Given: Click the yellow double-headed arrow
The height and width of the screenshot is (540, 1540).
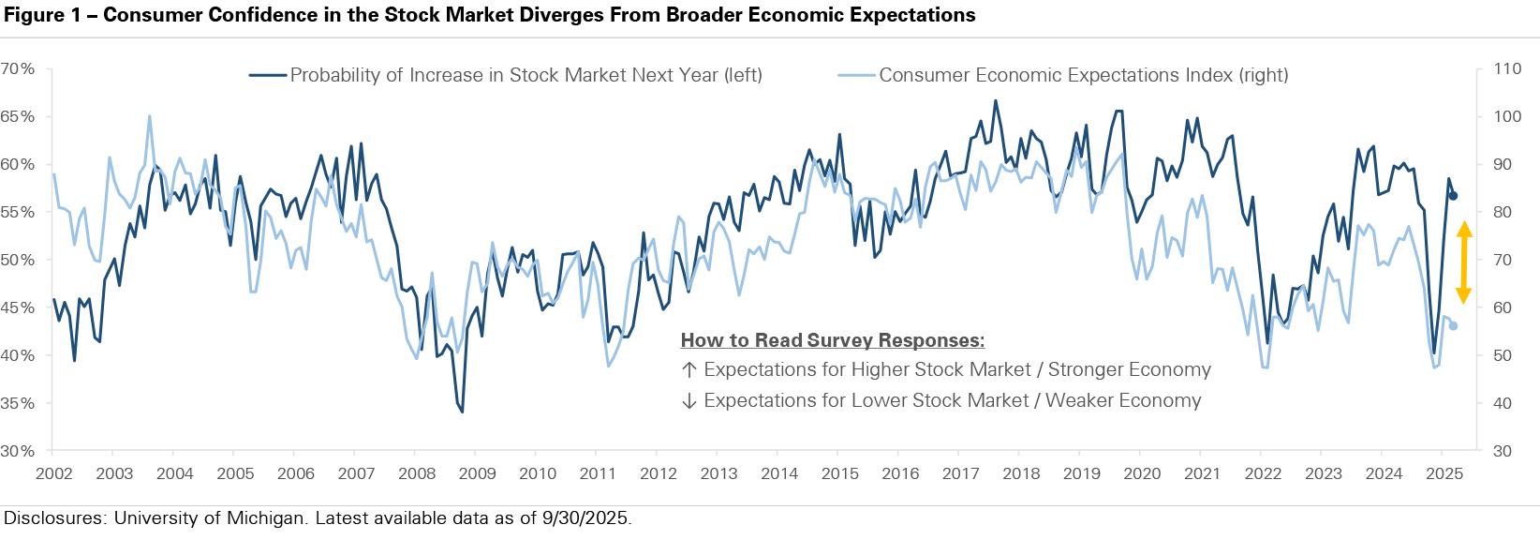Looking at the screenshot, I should tap(1464, 262).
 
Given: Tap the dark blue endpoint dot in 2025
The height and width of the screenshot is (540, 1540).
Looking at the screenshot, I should tap(1453, 196).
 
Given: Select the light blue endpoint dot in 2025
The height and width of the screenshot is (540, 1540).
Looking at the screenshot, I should tap(1453, 326).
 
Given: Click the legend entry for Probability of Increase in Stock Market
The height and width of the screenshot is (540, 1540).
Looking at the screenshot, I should tap(506, 75).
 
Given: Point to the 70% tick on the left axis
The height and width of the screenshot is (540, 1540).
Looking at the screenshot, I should tap(18, 68).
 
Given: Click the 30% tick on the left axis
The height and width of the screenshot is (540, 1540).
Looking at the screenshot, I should tap(18, 451).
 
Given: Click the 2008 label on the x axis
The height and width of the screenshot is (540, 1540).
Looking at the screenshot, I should tap(417, 473).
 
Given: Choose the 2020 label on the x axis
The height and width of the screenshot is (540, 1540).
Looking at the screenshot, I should tap(1142, 473).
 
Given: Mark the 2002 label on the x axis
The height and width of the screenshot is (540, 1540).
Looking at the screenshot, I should tap(54, 473).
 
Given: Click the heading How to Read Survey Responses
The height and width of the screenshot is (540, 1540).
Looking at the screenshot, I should tap(833, 340).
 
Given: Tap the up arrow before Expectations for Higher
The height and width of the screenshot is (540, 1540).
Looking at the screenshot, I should tap(689, 369).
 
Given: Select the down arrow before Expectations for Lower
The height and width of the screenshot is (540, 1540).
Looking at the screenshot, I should tap(689, 401).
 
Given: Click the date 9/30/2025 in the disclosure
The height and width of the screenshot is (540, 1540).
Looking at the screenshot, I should tap(586, 518).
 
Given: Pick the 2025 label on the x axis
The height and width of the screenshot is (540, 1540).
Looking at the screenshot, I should tap(1444, 473).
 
